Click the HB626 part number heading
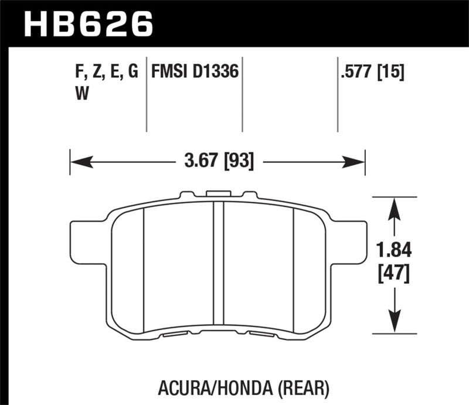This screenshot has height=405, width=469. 87,25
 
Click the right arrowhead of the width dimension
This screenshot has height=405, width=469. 359,159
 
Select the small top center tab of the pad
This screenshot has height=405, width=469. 217,193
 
